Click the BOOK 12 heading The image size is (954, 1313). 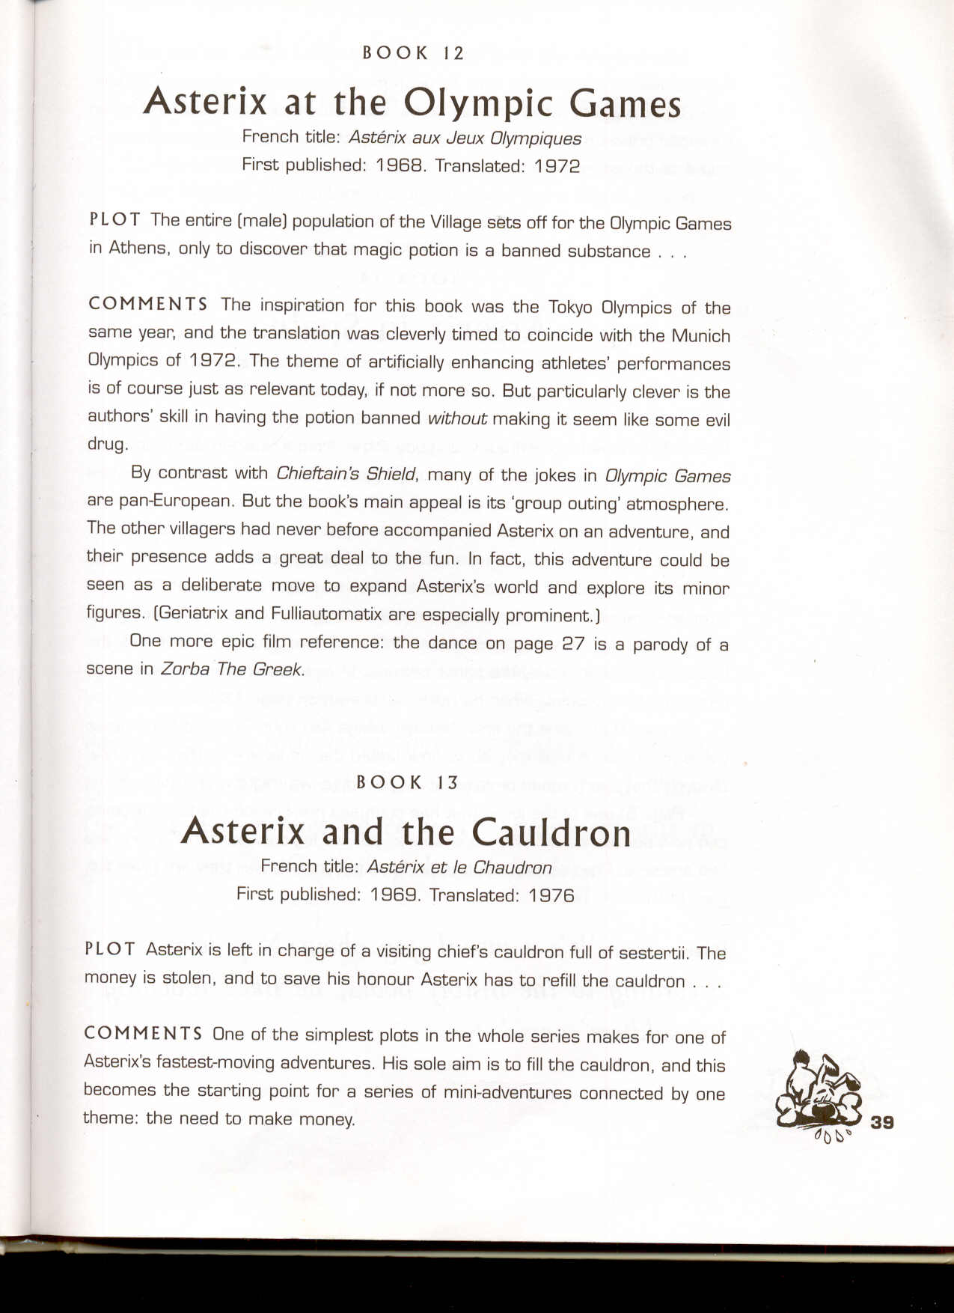click(413, 53)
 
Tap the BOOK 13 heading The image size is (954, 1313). click(407, 782)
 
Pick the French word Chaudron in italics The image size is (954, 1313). click(513, 868)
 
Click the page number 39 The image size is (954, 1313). click(883, 1122)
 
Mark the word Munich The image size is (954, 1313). click(700, 335)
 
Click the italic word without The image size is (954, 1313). click(456, 418)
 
